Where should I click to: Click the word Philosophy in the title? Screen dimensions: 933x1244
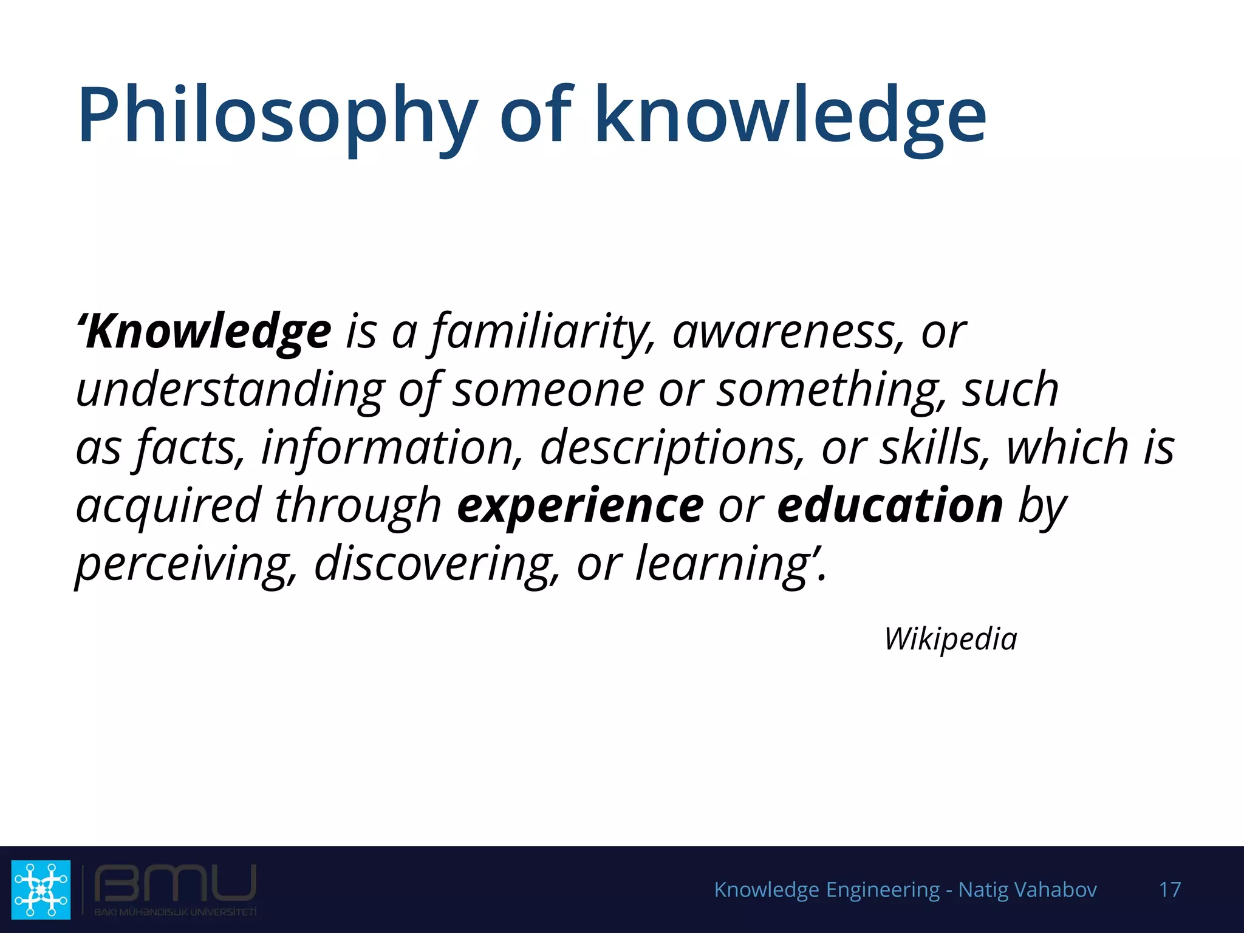[x=277, y=115]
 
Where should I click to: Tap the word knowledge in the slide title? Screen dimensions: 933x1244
[x=790, y=115]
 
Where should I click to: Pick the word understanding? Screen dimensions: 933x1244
[x=230, y=390]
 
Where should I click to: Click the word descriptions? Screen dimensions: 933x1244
[x=672, y=448]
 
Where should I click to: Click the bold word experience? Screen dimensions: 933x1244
[x=580, y=506]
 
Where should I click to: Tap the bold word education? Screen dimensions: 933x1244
[x=890, y=506]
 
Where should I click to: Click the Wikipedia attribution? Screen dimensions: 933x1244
[x=951, y=639]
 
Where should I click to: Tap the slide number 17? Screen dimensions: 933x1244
[x=1169, y=890]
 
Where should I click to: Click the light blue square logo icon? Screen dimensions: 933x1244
[x=41, y=889]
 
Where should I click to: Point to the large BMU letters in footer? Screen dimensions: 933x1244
[x=176, y=884]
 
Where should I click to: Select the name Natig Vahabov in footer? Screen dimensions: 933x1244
[x=1027, y=890]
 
